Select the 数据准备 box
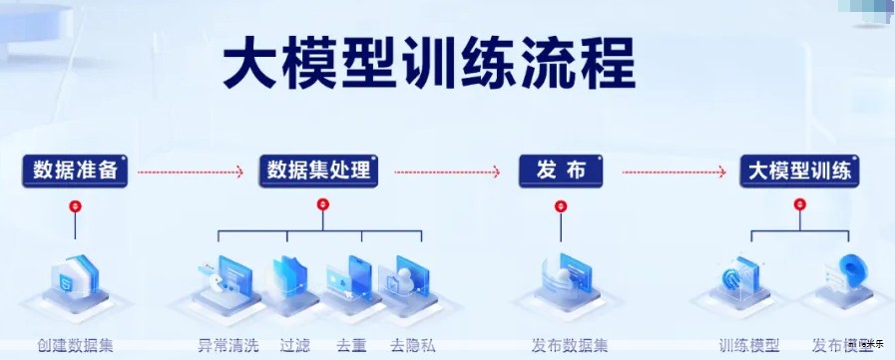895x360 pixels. [76, 171]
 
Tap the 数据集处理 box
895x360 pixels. [319, 171]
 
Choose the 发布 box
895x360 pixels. [561, 171]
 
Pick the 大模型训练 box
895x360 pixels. [800, 171]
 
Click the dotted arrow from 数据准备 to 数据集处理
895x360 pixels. [190, 172]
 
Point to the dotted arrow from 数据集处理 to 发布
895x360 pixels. [447, 172]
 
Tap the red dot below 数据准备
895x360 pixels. [75, 205]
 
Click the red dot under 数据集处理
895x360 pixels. [321, 204]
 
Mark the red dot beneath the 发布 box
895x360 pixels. [561, 205]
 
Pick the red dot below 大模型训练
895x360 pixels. [798, 205]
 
